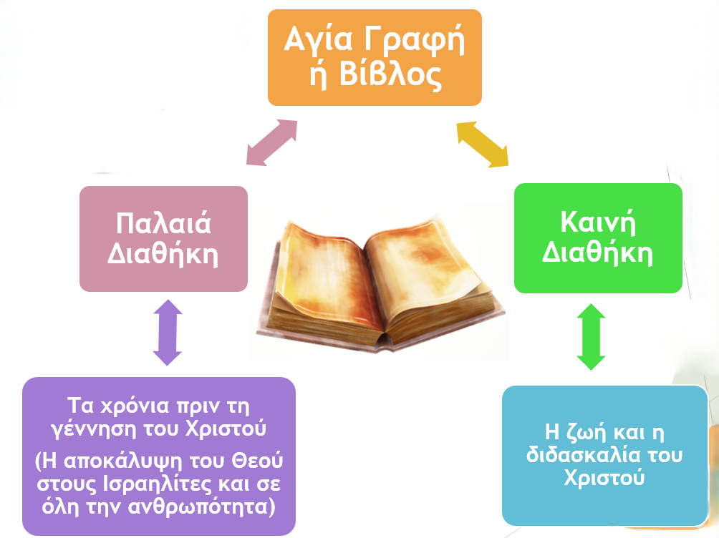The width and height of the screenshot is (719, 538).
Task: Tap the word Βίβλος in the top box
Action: pos(390,74)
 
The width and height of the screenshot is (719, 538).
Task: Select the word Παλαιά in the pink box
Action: pos(163,224)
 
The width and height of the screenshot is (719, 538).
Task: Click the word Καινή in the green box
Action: pos(598,222)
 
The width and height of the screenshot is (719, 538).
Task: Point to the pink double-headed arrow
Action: pos(272,142)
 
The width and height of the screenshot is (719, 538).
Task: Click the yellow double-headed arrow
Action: pos(483,145)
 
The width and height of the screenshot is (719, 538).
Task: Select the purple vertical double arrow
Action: pos(168,333)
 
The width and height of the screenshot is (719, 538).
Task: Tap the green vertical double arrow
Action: pos(591,337)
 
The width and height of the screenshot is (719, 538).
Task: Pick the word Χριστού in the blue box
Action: pos(604,477)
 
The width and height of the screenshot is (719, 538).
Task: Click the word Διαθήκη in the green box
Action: pos(597,252)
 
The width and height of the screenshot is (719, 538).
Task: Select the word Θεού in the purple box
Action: pos(257,461)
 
